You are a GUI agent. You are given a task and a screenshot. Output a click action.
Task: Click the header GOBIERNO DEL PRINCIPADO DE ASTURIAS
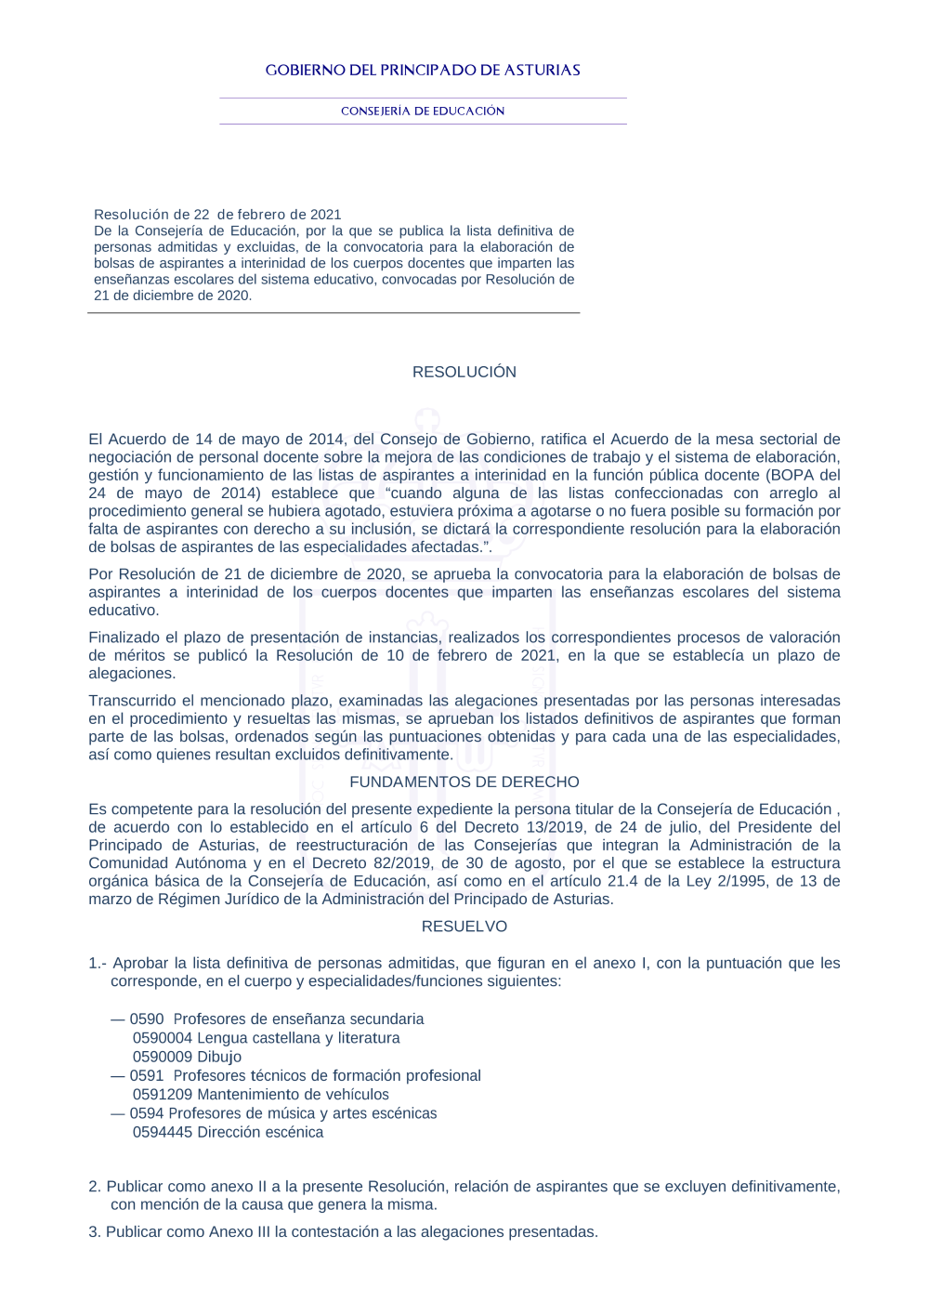423,71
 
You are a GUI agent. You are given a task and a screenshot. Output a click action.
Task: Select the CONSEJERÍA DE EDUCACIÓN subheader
423,111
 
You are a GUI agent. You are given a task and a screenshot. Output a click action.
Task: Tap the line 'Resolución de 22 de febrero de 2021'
217,215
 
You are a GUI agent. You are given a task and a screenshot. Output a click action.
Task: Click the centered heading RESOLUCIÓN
464,372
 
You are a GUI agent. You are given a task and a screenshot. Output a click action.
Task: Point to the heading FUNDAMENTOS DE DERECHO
464,782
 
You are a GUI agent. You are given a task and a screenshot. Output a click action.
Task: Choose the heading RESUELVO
464,927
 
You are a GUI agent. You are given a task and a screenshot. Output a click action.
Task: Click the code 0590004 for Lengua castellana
162,1038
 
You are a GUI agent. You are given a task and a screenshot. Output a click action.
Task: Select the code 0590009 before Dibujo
162,1057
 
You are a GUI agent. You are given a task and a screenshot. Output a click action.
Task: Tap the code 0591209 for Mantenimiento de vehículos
162,1095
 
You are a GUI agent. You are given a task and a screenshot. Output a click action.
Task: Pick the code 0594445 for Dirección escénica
162,1132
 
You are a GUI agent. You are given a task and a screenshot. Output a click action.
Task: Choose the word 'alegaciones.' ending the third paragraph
132,674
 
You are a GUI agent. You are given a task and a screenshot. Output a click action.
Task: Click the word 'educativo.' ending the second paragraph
124,611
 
